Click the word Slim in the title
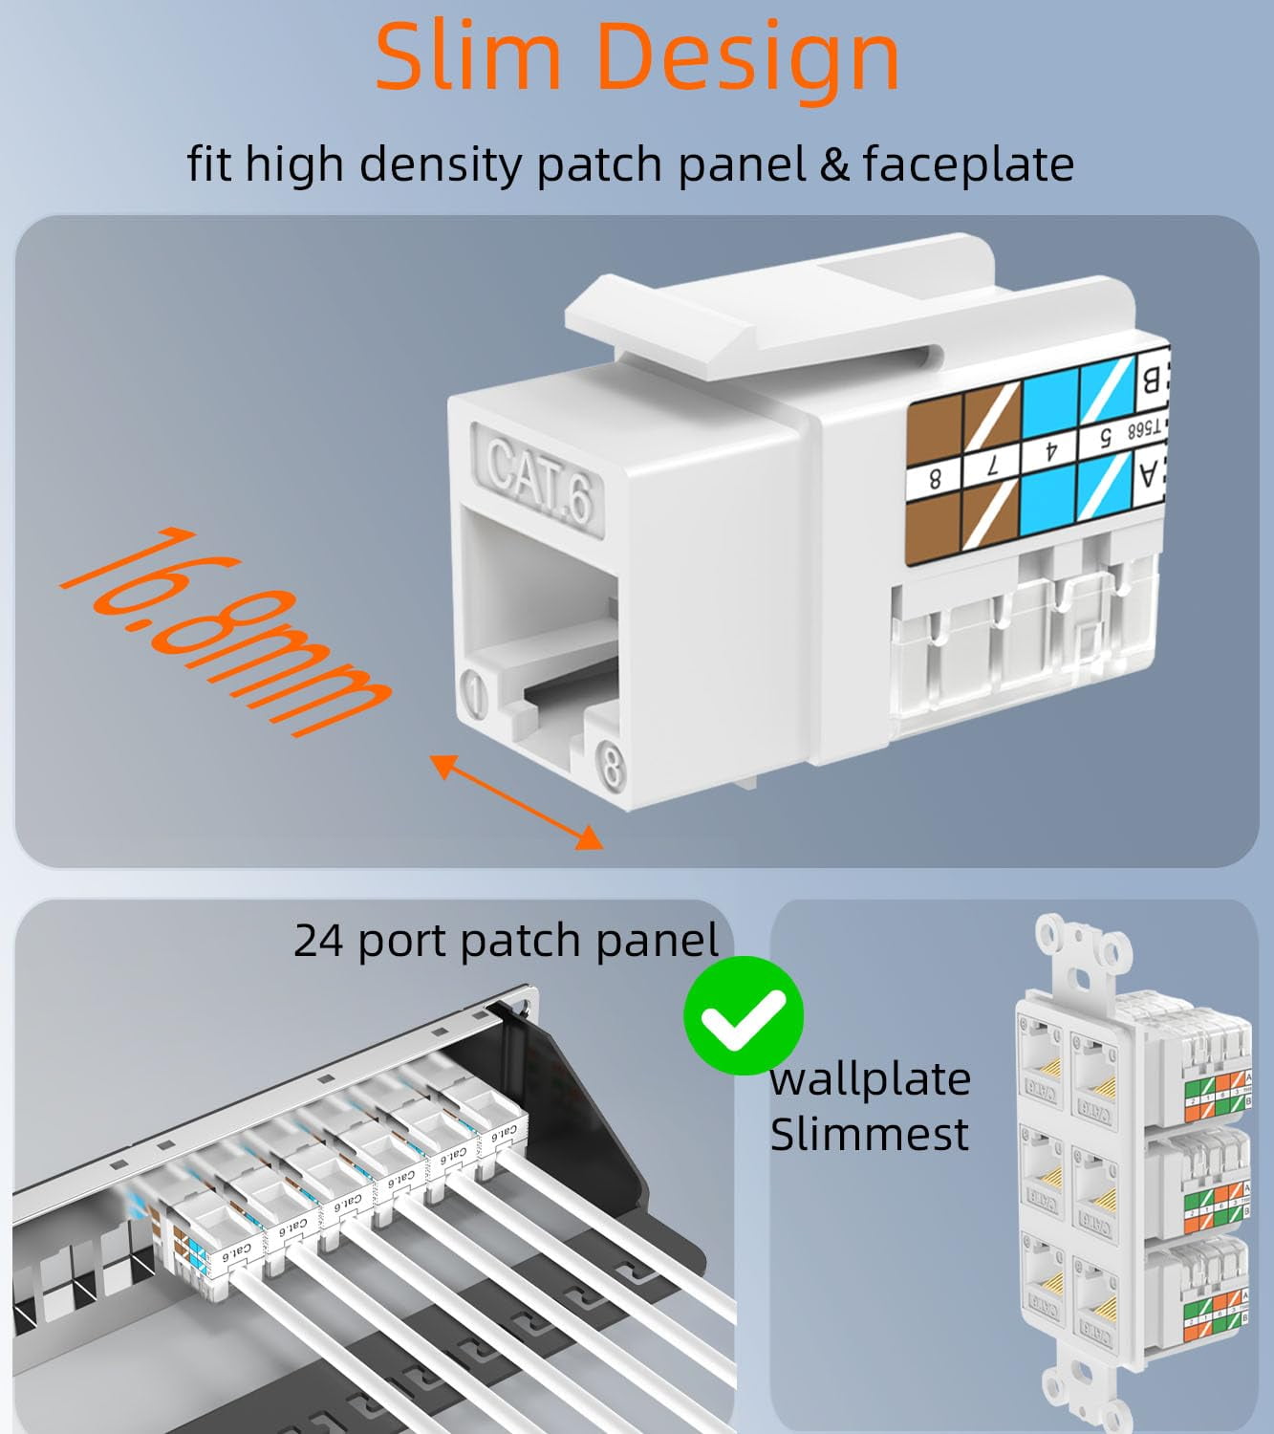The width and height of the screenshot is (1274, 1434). click(468, 56)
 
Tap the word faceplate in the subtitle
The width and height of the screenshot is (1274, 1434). click(968, 163)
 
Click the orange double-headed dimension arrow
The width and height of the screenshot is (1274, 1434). click(516, 801)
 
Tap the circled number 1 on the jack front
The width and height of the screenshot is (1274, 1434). click(475, 692)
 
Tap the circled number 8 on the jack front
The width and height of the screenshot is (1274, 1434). click(611, 766)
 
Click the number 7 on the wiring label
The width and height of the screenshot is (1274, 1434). click(991, 467)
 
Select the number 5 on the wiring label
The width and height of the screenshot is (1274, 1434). click(1105, 438)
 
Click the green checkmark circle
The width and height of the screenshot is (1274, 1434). click(743, 1015)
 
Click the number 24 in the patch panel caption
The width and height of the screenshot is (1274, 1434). click(317, 941)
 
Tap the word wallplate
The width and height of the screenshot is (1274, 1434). click(870, 1079)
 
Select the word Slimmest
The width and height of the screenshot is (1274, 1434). click(869, 1135)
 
